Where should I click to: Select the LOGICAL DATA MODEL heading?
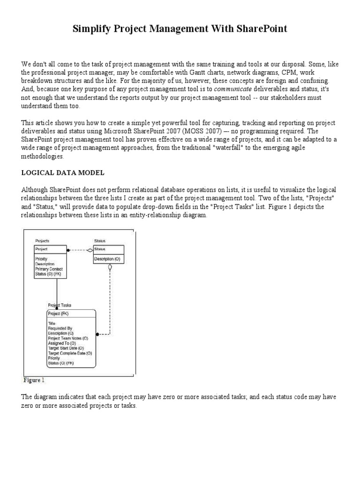[x=63, y=173]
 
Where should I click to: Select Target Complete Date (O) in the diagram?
[x=70, y=353]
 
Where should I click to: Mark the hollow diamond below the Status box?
[x=110, y=268]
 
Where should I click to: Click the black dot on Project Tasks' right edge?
[x=97, y=335]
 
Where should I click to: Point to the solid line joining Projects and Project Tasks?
[x=57, y=291]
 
